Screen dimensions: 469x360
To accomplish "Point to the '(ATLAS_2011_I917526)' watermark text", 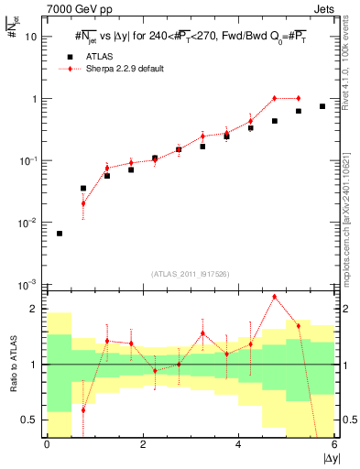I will [191, 274].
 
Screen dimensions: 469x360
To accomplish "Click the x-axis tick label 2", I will [143, 444].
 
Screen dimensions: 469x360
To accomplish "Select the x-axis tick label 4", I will [238, 444].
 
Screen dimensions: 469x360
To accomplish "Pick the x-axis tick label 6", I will [334, 444].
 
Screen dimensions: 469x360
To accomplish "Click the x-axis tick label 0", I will [47, 444].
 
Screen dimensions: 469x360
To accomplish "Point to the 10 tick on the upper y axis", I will [31, 37].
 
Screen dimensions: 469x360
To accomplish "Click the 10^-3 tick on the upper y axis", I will [29, 284].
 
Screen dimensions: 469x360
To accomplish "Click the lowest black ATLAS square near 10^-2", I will [60, 234].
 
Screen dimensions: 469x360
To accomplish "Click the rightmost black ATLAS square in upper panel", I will [322, 106].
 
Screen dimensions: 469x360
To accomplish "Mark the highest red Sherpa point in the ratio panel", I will [275, 297].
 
